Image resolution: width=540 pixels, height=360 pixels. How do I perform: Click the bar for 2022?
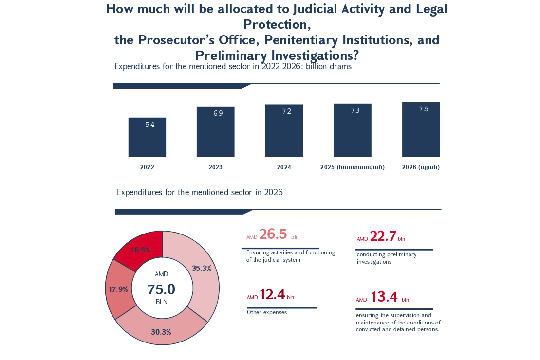click(x=147, y=137)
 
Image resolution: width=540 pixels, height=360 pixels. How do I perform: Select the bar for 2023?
click(x=216, y=132)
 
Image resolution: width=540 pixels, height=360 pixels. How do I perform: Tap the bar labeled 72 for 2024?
click(x=284, y=131)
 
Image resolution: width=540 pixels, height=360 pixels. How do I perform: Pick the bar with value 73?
click(x=353, y=130)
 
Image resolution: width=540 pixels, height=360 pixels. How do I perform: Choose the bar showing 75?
click(x=421, y=129)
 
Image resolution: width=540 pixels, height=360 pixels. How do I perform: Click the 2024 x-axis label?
click(x=284, y=167)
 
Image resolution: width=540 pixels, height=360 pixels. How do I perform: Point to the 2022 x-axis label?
click(x=147, y=167)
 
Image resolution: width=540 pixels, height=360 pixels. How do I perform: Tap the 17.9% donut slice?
click(x=118, y=289)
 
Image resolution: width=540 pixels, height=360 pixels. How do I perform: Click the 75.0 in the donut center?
click(x=161, y=289)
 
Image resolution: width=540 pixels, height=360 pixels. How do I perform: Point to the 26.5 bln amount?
click(x=273, y=234)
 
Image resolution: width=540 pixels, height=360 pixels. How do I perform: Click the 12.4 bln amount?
click(x=272, y=295)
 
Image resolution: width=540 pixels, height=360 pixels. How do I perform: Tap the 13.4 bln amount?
click(x=384, y=297)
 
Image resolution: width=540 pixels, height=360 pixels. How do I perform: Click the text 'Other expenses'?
click(x=267, y=312)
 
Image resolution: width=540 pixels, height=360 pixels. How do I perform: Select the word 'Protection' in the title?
click(x=277, y=24)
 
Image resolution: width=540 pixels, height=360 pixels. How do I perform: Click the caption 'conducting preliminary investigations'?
click(x=387, y=258)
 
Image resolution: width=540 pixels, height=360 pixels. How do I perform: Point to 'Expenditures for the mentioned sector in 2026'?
click(x=200, y=192)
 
